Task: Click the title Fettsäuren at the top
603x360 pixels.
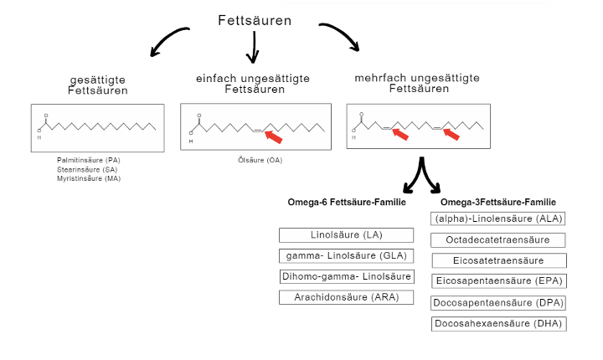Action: [255, 20]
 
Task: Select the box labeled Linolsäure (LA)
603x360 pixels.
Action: [347, 235]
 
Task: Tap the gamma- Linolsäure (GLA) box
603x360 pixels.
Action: [347, 256]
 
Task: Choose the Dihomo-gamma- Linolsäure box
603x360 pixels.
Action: [347, 277]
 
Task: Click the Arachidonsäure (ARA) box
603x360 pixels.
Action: [347, 297]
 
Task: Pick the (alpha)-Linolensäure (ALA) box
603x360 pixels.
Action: [498, 219]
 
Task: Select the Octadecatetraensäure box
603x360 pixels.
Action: [498, 239]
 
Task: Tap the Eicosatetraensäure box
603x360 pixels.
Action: [498, 260]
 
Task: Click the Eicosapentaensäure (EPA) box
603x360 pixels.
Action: [498, 281]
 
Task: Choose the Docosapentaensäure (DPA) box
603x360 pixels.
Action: [498, 302]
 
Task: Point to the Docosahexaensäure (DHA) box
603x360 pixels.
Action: [498, 323]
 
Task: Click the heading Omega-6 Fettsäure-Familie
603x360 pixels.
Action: [347, 202]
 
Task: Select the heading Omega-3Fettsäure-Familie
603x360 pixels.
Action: [498, 202]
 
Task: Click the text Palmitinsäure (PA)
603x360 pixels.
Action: [90, 160]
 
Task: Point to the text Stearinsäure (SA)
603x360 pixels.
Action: [90, 169]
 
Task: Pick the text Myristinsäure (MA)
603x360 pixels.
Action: [90, 178]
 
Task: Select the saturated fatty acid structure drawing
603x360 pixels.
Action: [97, 127]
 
